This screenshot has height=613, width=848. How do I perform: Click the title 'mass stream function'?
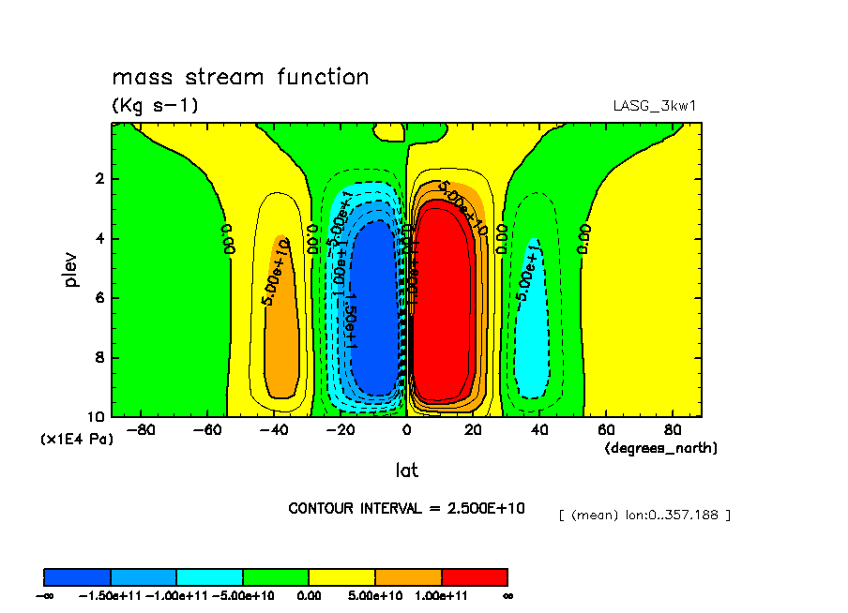coord(240,77)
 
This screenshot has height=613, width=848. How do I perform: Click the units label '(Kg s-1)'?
coord(155,105)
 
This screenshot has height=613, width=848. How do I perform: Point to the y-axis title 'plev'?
coord(73,268)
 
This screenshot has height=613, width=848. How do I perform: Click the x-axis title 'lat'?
coord(406,470)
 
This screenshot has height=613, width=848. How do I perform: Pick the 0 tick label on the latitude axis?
coord(406,431)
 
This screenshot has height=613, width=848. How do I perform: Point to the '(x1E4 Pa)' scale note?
coord(76,439)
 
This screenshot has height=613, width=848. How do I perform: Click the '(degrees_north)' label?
coord(661,448)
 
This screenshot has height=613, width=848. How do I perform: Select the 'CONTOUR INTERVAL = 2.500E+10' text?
coord(406,508)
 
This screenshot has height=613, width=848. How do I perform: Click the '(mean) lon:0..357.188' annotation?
coord(644,515)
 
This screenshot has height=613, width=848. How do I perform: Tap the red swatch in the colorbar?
coord(474,576)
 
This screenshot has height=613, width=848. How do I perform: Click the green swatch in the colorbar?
coord(275,576)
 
